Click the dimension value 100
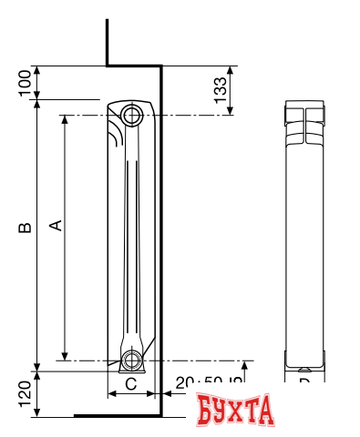(x=25, y=83)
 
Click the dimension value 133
(x=219, y=90)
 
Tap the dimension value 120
(x=25, y=392)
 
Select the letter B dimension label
(x=26, y=227)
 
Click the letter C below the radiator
(x=130, y=383)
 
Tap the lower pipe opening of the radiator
(x=133, y=359)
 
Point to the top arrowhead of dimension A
(x=65, y=120)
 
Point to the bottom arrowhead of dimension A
(x=65, y=354)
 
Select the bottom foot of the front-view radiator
(x=303, y=364)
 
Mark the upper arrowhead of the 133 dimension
(x=230, y=70)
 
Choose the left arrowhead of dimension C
(x=111, y=393)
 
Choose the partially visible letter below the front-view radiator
(x=304, y=381)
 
